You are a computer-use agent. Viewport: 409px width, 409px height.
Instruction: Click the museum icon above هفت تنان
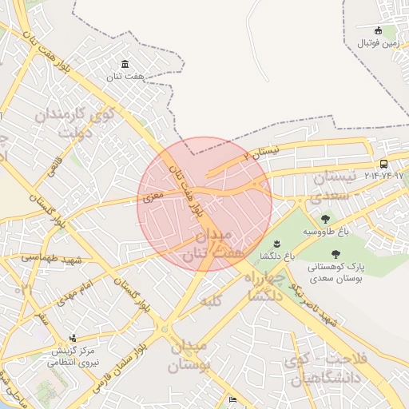point(125,64)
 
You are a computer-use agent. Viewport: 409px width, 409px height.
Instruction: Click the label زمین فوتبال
point(377,42)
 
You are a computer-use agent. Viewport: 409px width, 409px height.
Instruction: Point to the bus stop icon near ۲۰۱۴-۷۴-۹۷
point(384,164)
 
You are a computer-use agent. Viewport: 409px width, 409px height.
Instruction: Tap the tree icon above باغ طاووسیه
point(325,219)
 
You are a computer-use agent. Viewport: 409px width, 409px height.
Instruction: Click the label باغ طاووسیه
point(326,232)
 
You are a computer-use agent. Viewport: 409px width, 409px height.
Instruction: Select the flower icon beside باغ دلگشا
point(277,243)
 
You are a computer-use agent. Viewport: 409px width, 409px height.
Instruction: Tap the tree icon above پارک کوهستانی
point(334,254)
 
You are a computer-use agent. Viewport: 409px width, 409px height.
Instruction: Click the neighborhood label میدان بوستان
point(189,355)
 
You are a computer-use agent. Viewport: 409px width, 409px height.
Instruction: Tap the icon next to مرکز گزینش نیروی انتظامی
point(73,338)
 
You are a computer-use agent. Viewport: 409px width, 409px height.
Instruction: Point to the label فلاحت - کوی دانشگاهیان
point(324,367)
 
